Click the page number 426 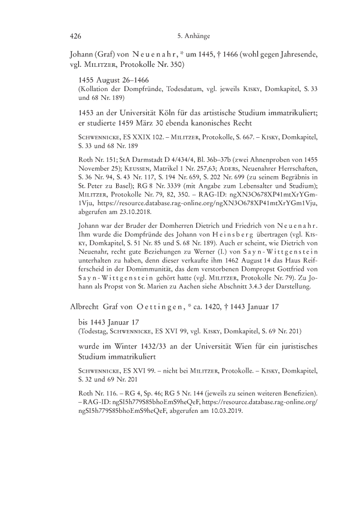click(76, 36)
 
